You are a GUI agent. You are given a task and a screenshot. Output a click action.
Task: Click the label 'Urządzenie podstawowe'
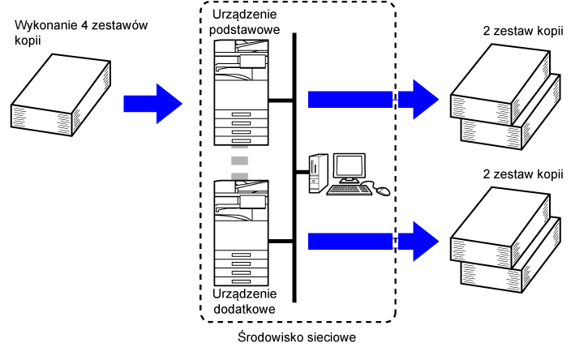244,22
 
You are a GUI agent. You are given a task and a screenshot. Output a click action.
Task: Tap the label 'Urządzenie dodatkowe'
244,301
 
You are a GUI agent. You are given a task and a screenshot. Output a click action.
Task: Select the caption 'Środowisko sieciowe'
297,336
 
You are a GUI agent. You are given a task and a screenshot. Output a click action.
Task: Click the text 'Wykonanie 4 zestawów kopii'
81,32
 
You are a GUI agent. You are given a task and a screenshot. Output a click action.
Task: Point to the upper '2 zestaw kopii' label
523,30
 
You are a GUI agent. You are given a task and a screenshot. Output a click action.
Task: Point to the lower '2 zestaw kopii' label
523,174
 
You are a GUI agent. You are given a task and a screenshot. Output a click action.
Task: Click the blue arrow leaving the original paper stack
152,104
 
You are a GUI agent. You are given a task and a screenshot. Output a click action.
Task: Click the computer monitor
350,168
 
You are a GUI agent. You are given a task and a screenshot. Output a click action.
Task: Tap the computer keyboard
349,190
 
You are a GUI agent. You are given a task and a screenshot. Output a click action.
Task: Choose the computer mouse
383,191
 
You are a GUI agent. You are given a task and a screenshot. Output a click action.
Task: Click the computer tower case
318,174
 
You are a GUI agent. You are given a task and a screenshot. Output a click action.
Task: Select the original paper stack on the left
61,95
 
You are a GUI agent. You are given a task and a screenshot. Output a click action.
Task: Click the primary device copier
241,92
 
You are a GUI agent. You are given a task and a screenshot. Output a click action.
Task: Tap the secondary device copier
241,233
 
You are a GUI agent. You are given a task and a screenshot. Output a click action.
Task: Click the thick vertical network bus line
294,168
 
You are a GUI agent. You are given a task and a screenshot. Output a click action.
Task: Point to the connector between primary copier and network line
281,100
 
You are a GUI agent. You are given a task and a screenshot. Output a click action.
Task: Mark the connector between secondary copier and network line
281,241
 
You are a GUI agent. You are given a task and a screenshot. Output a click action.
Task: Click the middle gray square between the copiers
239,161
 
